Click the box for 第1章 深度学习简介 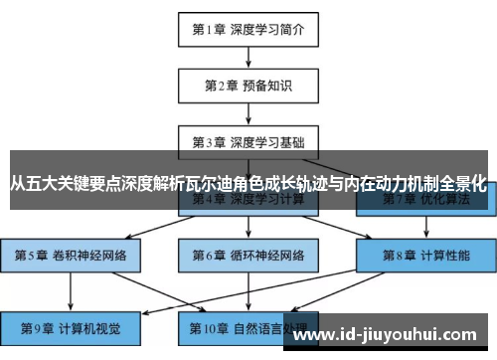tap(248, 29)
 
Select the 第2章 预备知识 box tap(248, 85)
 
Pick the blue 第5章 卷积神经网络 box tap(71, 255)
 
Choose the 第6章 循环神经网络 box tap(248, 255)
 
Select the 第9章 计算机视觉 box tap(71, 325)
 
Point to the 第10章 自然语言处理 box tap(248, 325)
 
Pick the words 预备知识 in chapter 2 tap(266, 85)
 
